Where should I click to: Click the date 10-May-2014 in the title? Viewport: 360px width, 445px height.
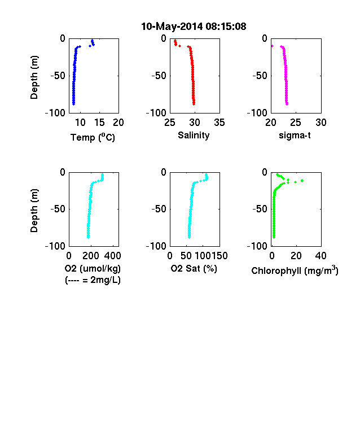[172, 27]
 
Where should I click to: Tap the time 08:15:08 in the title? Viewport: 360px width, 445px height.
[226, 27]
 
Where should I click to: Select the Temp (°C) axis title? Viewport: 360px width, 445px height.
[93, 137]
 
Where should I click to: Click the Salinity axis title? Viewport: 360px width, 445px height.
[194, 136]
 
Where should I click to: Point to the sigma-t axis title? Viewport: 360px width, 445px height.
[295, 136]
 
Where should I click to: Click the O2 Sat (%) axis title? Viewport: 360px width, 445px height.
[194, 268]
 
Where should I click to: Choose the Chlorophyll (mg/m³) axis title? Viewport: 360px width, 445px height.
[295, 270]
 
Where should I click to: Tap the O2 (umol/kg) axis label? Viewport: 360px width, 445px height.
[93, 268]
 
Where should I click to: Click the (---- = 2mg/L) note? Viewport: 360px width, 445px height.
[93, 280]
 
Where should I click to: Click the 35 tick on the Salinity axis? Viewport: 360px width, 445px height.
[219, 123]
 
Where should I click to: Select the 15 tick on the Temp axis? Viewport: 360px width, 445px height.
[99, 123]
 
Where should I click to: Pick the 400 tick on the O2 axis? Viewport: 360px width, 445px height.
[112, 256]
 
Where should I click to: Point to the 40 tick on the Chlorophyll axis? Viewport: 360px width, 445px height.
[321, 256]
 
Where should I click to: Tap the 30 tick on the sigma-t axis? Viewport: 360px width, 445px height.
[321, 123]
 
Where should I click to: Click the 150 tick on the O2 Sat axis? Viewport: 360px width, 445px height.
[219, 256]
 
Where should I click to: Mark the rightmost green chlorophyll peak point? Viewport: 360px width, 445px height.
[302, 181]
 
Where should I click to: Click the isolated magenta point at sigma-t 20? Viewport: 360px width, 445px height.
[272, 46]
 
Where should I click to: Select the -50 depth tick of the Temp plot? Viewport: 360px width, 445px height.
[58, 76]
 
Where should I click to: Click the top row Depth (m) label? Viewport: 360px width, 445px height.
[34, 77]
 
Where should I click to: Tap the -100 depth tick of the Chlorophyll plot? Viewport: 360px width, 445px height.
[257, 246]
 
